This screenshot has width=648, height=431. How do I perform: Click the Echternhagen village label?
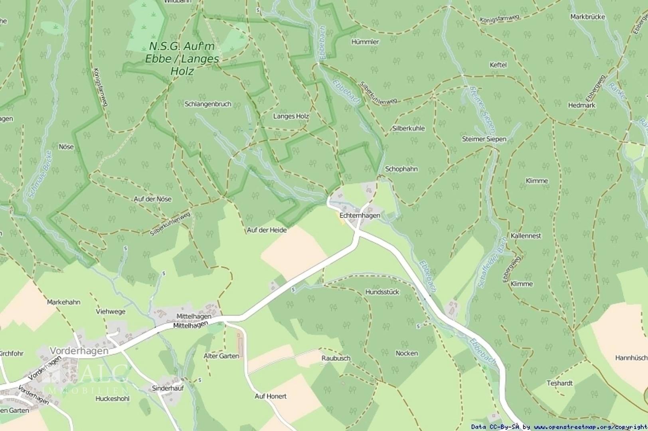360,215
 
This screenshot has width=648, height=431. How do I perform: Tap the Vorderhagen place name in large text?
79,350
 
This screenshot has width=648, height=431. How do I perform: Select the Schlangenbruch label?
208,104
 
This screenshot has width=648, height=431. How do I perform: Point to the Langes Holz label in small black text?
291,116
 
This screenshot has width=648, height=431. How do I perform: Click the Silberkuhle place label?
408,129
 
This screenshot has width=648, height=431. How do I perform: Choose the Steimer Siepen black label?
484,139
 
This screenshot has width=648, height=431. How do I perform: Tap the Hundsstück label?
382,292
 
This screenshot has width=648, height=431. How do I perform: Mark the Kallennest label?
526,235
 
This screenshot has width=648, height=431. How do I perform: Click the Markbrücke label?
587,17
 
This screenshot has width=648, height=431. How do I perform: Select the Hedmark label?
581,105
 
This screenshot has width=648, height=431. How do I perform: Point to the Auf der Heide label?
267,230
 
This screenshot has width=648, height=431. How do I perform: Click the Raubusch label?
336,358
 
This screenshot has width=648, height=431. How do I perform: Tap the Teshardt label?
559,383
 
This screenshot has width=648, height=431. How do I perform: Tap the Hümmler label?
365,42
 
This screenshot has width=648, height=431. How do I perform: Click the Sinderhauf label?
168,388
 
